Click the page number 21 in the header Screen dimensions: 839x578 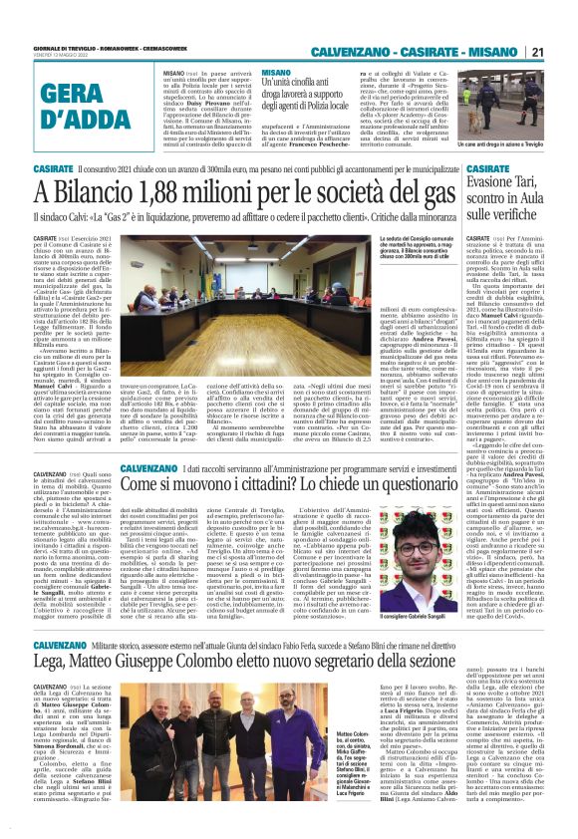coord(535,52)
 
